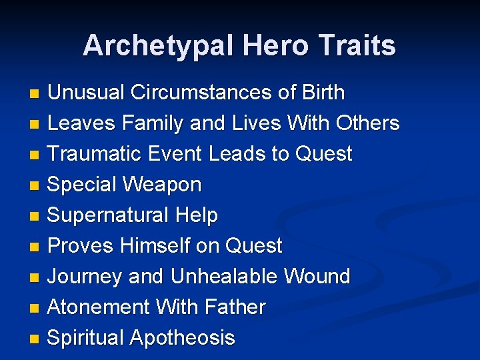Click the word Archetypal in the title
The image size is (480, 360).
tap(159, 46)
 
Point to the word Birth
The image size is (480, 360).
tap(322, 93)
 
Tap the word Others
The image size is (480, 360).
tap(368, 123)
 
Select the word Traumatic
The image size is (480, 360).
tap(92, 154)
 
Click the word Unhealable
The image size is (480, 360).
tap(225, 277)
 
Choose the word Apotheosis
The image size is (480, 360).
tap(182, 338)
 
